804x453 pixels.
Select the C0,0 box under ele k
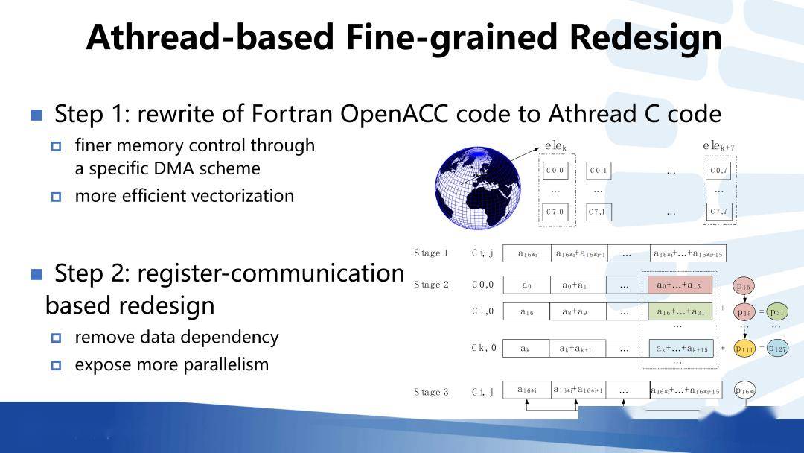click(x=555, y=171)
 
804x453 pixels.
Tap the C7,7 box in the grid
click(x=719, y=212)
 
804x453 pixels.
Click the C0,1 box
click(x=599, y=171)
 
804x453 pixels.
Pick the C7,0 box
click(x=555, y=212)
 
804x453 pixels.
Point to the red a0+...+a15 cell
click(x=680, y=285)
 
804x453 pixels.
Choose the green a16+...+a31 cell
click(x=680, y=311)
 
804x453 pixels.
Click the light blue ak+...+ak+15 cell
click(x=680, y=348)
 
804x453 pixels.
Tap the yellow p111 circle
click(x=745, y=348)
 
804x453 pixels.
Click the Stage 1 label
click(x=432, y=253)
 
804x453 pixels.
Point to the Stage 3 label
click(x=432, y=392)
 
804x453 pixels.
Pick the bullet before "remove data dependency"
click(x=56, y=338)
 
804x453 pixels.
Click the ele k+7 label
click(x=718, y=147)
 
